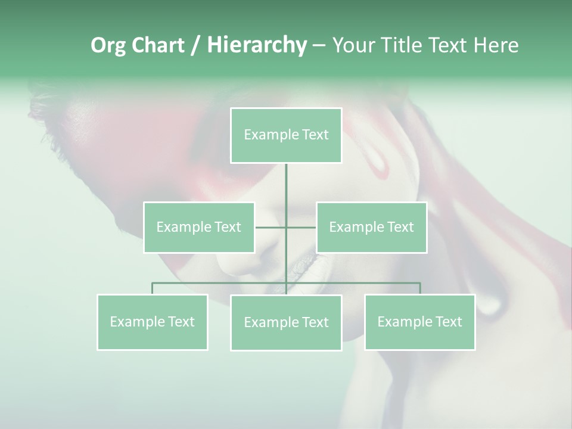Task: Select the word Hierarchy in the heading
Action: [x=256, y=46]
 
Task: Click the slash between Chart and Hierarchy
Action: [x=195, y=46]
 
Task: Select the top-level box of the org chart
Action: [x=286, y=135]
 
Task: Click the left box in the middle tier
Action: [x=198, y=227]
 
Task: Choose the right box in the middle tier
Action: [x=371, y=227]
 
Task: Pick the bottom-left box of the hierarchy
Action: [x=152, y=322]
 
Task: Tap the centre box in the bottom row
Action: [x=286, y=322]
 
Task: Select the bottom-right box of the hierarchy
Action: [x=419, y=322]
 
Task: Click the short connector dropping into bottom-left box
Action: [x=152, y=289]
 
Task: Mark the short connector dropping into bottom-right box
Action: [x=420, y=289]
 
